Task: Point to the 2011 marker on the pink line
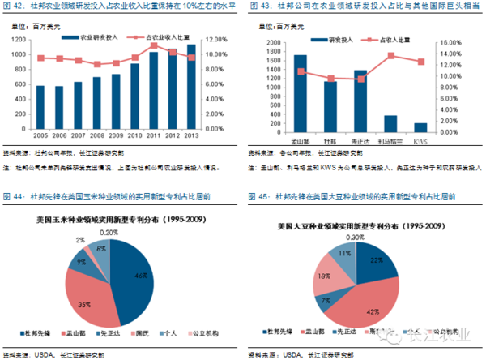coord(154,45)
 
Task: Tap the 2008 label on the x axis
coord(97,135)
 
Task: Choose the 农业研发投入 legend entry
coord(96,37)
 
